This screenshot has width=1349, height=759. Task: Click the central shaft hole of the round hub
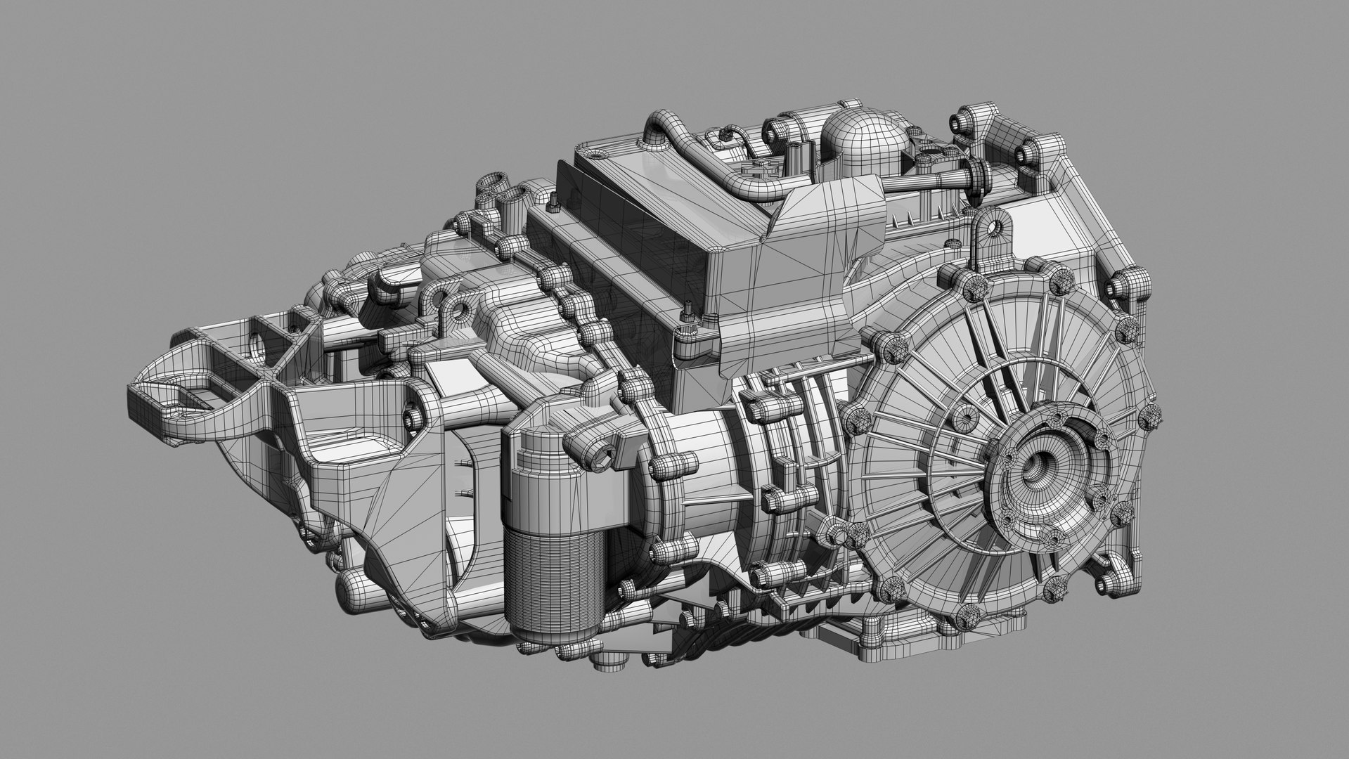pyautogui.click(x=1039, y=466)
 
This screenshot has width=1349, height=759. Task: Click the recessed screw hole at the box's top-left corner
pyautogui.click(x=596, y=151)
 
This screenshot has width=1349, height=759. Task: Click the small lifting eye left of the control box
pyautogui.click(x=460, y=309)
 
